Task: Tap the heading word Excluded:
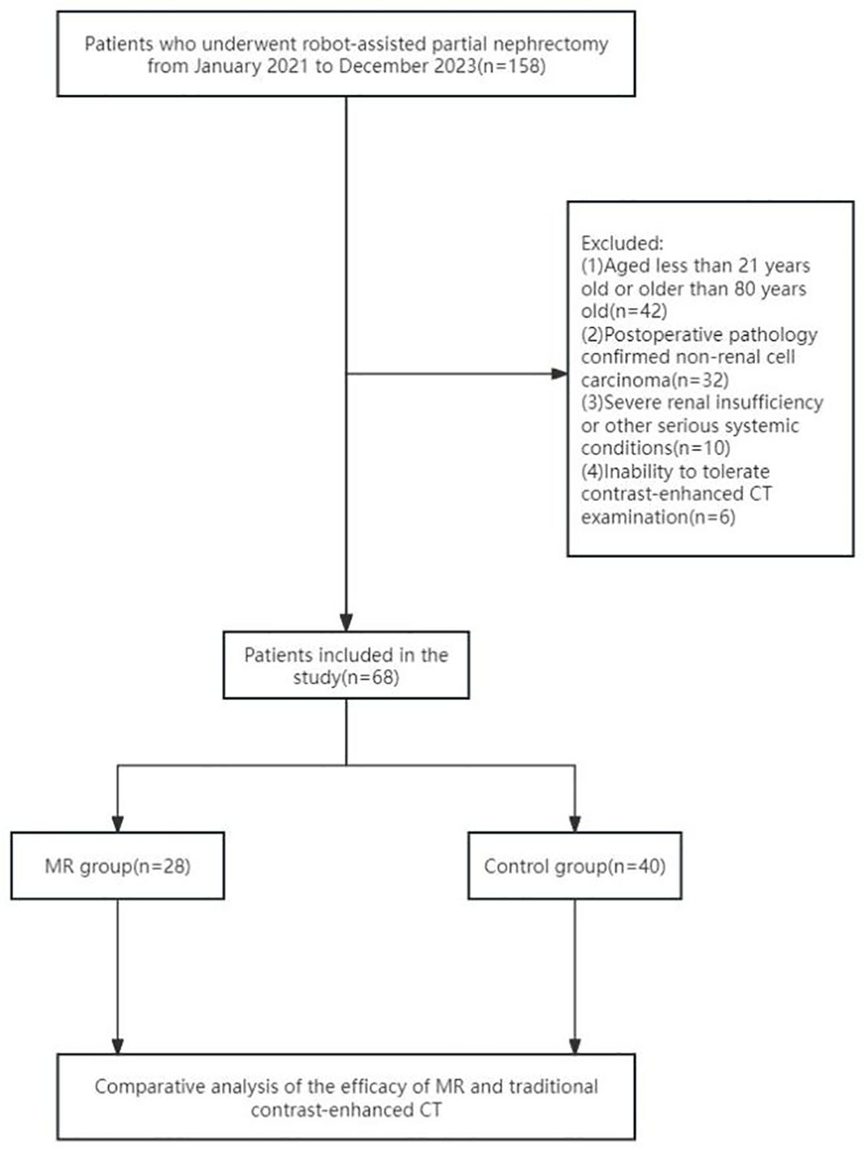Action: click(622, 243)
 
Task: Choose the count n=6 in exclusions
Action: click(712, 516)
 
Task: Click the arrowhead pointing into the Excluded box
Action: click(559, 374)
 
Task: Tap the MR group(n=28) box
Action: click(118, 866)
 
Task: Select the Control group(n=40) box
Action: click(575, 866)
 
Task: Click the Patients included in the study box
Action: click(346, 665)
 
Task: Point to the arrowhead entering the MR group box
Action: click(118, 823)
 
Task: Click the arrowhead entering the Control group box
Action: click(575, 823)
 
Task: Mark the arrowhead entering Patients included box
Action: click(346, 622)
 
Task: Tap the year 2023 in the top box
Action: click(453, 66)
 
